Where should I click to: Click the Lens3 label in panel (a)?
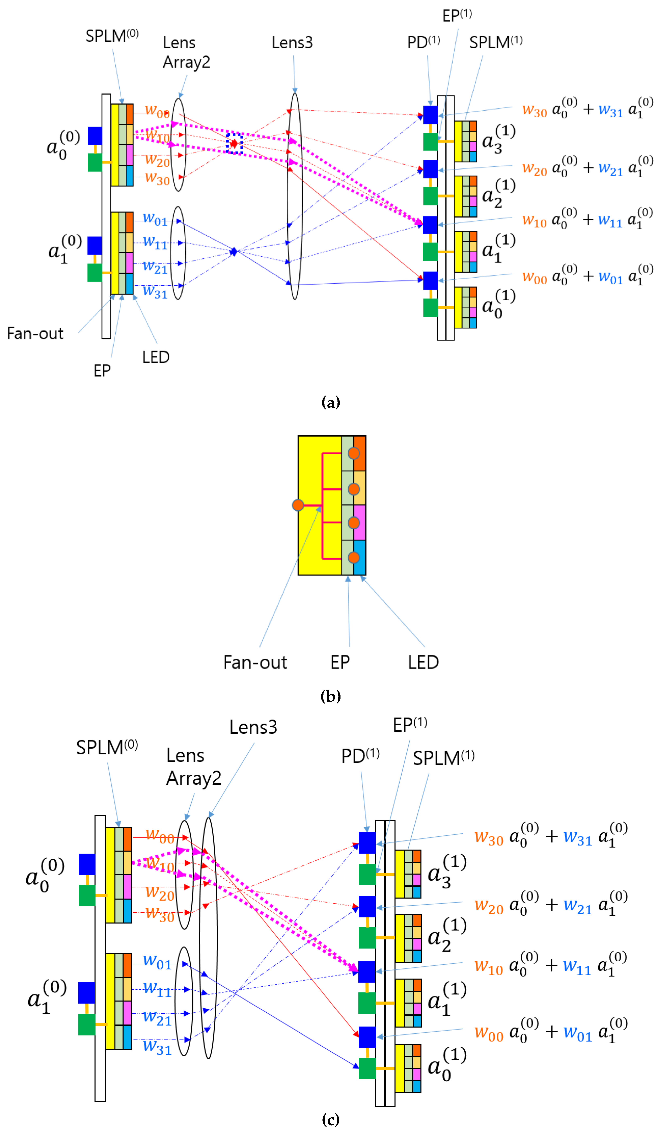coord(292,43)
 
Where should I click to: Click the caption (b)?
coord(331,696)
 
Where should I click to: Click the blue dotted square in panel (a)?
coord(234,143)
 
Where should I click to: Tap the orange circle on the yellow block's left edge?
coord(298,505)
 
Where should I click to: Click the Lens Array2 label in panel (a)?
coord(186,52)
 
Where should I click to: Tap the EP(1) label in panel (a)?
coord(456,16)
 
